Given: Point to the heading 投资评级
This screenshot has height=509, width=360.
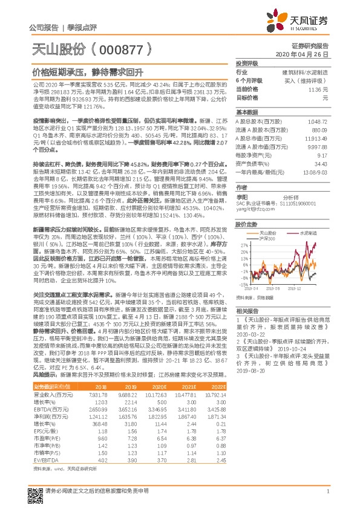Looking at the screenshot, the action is (247, 63).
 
